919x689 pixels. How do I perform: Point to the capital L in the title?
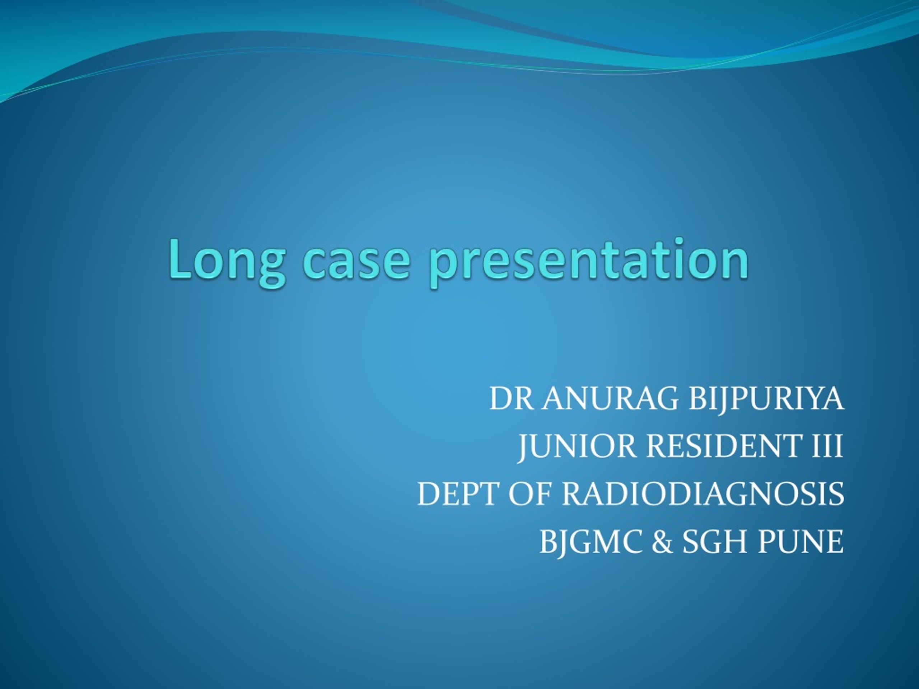point(179,259)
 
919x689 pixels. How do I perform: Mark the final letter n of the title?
point(735,264)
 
